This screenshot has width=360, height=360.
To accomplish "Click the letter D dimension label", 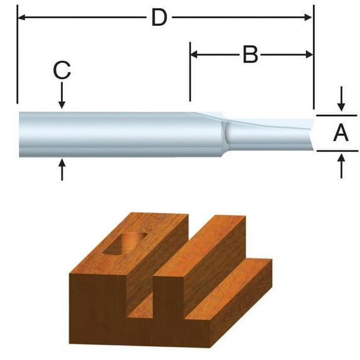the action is pos(159,17).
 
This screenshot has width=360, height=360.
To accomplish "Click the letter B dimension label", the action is pos(250,55).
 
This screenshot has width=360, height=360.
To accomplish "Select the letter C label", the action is pos(62,70).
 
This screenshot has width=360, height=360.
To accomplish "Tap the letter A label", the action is pos(341,133).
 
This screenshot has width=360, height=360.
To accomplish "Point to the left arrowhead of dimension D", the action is pos(21,17).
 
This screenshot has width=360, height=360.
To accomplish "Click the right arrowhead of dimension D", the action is pos(308,17).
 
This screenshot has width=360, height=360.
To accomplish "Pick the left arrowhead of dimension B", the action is pos(194,55).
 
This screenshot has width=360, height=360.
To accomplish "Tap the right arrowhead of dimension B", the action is pos(309,55).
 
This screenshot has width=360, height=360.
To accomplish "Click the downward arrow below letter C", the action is pos(62,95).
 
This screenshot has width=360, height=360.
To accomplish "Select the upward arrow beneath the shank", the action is pos(62,170).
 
